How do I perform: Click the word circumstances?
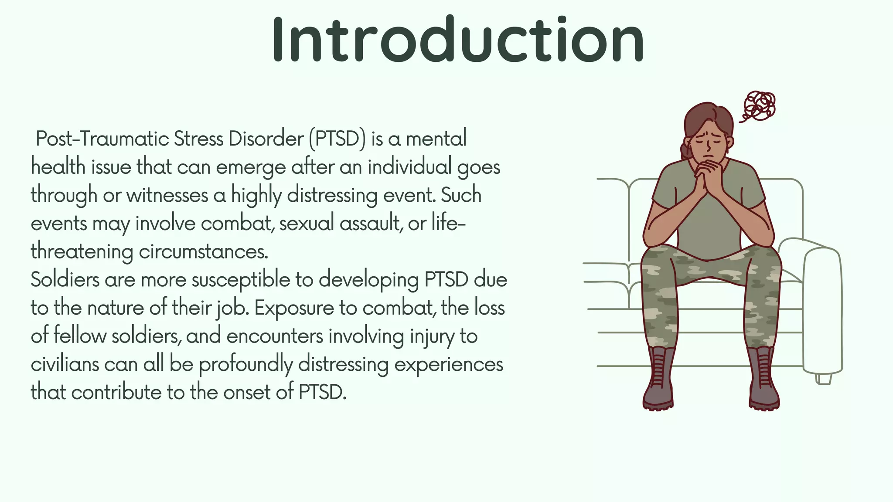click(x=203, y=252)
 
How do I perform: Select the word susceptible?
click(x=241, y=280)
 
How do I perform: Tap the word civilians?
click(x=65, y=364)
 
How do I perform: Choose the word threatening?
click(x=82, y=252)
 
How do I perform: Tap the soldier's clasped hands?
click(x=708, y=174)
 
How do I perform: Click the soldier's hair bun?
click(x=685, y=149)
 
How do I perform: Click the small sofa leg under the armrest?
click(x=823, y=379)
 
